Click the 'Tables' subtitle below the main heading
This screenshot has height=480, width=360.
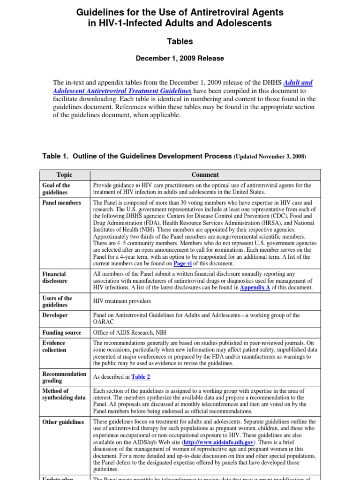click(x=180, y=42)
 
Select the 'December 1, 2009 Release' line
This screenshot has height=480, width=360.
click(x=180, y=59)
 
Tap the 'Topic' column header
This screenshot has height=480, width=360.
click(x=64, y=175)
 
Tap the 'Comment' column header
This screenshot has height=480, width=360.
click(x=205, y=175)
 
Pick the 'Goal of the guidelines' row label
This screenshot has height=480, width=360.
click(x=56, y=189)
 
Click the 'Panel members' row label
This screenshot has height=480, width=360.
click(x=61, y=203)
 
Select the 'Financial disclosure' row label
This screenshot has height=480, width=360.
click(x=55, y=277)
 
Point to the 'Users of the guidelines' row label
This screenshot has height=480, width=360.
click(x=57, y=301)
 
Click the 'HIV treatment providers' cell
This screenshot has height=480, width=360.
click(x=122, y=301)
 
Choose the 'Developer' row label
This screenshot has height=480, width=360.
click(x=55, y=315)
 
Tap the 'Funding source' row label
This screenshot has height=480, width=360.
click(x=61, y=333)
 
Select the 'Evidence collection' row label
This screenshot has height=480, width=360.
click(x=55, y=346)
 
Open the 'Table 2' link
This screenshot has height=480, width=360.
click(x=141, y=377)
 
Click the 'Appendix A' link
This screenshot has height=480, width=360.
click(x=255, y=288)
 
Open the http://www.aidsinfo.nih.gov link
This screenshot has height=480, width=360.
click(x=219, y=442)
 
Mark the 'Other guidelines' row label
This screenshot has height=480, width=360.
click(x=63, y=422)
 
